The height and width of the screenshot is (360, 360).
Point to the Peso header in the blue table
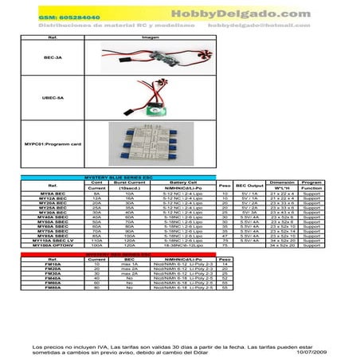(225, 186)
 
